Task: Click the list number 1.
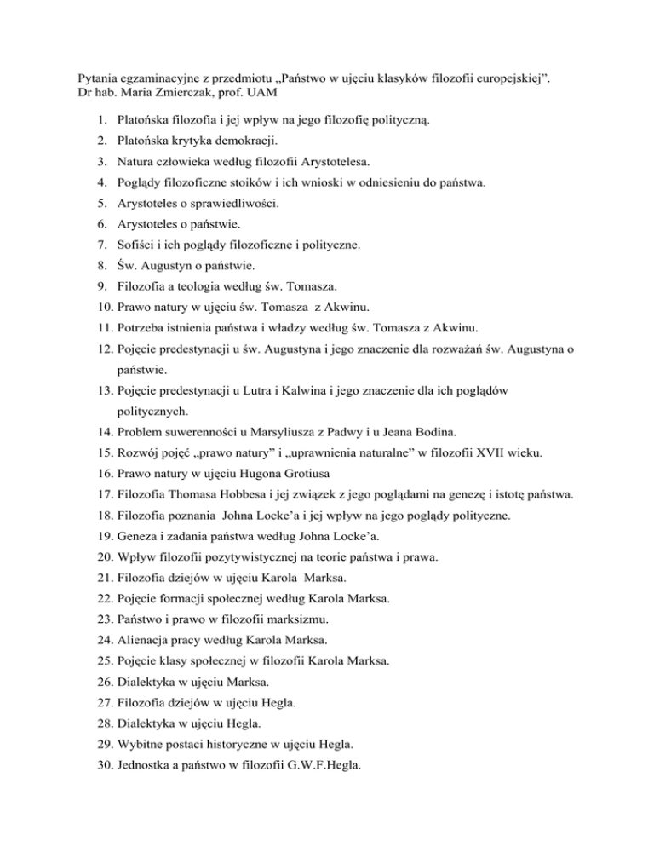(x=100, y=123)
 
